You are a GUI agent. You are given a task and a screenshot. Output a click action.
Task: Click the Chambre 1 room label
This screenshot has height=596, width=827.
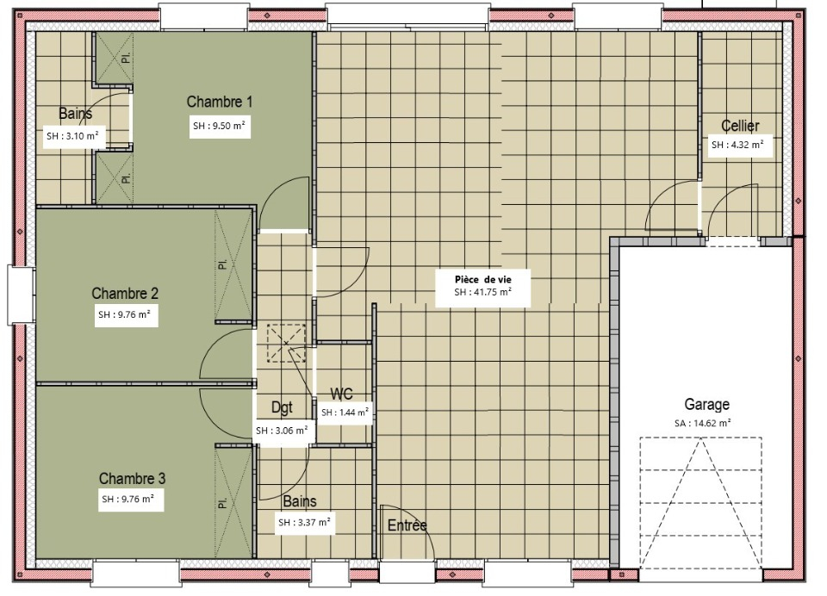tap(220, 102)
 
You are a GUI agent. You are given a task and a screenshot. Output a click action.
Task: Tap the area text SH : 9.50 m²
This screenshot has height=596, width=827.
tap(220, 126)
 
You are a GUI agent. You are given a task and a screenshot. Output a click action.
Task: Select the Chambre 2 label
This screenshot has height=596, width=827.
tap(125, 293)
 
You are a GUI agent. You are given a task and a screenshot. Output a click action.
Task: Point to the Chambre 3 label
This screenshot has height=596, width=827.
tap(132, 478)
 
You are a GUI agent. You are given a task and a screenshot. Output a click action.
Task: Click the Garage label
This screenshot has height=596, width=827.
tap(706, 405)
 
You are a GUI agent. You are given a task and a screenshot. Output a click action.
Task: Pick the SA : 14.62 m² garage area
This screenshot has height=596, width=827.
tap(703, 423)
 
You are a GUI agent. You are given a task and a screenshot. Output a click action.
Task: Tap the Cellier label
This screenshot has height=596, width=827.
tap(740, 126)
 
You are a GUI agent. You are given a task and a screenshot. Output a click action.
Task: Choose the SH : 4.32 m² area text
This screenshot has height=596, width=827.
tap(738, 145)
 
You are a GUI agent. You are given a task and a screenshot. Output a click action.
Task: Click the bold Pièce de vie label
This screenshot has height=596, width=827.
tap(483, 280)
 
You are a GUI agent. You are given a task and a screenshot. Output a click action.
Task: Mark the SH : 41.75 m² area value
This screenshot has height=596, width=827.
tap(482, 292)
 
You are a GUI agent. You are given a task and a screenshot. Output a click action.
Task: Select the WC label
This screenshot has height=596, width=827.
tap(342, 394)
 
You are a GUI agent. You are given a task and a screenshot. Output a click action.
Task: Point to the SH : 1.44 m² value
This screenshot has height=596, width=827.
tap(345, 413)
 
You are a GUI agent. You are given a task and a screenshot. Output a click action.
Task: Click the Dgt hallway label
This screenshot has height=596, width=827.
tap(282, 407)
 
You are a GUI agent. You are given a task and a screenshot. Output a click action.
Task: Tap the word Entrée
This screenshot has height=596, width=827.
tap(407, 525)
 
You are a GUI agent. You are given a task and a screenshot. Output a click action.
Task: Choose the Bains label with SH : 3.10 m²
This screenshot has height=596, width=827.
tap(76, 114)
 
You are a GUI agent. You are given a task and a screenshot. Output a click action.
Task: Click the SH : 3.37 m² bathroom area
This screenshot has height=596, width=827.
tap(304, 523)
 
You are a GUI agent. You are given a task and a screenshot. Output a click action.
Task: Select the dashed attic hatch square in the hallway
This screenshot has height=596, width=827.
tap(286, 344)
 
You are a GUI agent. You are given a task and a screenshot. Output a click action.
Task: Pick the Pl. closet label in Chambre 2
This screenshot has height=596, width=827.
tap(222, 264)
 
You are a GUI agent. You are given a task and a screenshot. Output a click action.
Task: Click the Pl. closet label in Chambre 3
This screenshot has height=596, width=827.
tap(222, 503)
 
